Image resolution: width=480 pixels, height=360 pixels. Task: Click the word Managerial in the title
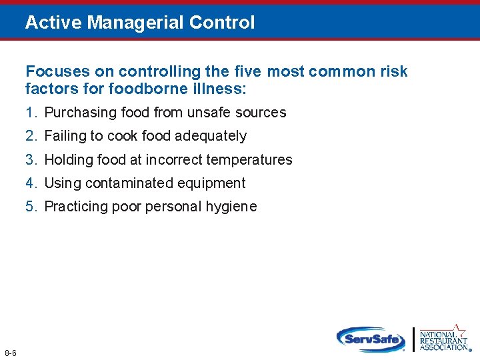click(136, 23)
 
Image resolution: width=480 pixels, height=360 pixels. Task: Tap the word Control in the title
click(222, 23)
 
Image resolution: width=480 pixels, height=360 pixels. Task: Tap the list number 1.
click(30, 113)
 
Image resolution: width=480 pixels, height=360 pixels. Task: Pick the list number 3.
click(30, 160)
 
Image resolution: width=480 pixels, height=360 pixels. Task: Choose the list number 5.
click(30, 207)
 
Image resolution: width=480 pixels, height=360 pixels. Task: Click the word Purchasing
click(79, 113)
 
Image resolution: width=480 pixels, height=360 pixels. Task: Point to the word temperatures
click(249, 160)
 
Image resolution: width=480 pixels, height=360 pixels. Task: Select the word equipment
click(214, 183)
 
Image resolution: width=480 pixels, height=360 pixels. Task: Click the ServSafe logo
click(371, 339)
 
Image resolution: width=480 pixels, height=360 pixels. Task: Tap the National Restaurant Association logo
click(444, 338)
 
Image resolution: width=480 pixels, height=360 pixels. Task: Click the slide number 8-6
click(10, 352)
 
